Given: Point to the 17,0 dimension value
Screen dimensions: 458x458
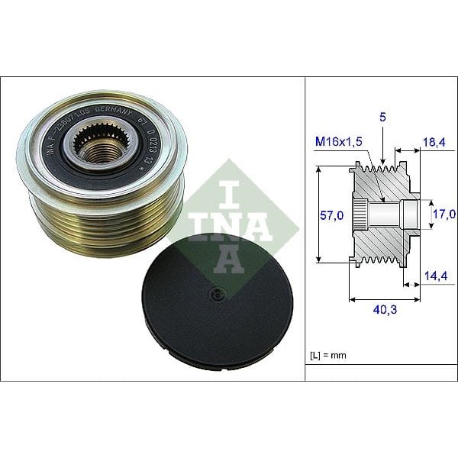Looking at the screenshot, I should point(444,214).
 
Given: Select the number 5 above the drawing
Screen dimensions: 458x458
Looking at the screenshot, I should point(382,118).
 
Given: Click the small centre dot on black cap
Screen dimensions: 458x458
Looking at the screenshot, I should point(217,292).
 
